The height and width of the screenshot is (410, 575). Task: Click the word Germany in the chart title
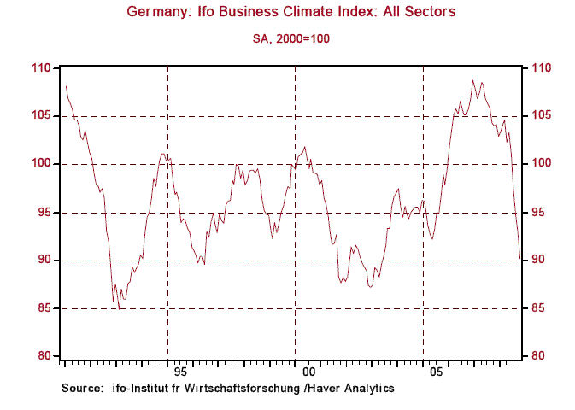click(155, 12)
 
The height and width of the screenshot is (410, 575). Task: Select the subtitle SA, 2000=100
click(290, 38)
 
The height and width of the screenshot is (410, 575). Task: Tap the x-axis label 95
click(179, 372)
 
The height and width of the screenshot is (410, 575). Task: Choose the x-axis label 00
click(308, 372)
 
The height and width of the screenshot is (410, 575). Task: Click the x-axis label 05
click(437, 372)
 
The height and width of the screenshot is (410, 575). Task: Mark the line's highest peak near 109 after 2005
click(472, 81)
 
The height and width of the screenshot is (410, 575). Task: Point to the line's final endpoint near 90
click(521, 259)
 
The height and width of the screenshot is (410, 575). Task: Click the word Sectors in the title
click(431, 12)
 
